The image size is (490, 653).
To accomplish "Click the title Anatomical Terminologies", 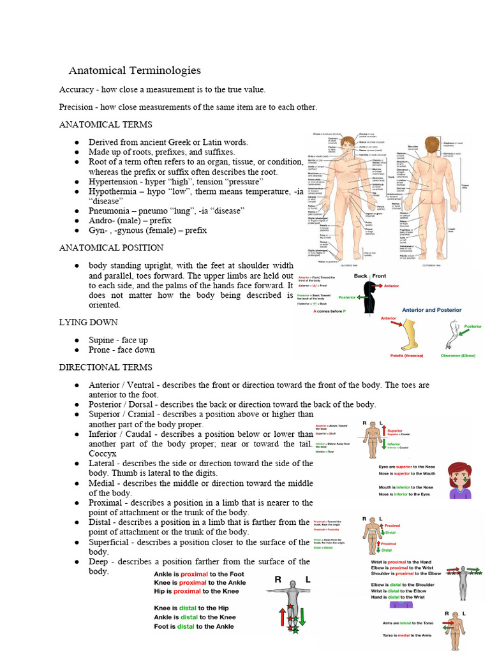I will point(135,71).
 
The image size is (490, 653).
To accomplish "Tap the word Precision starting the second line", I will point(76,106).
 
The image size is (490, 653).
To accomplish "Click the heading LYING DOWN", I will point(88,323).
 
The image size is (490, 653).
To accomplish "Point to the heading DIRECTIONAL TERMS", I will point(105,367).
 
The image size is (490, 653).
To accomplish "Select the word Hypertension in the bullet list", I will point(115,181).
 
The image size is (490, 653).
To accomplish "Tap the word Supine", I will point(103,340).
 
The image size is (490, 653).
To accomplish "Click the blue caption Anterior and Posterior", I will point(431,310).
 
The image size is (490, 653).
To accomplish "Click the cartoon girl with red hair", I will point(459,480).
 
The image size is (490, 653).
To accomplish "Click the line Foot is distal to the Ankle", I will point(194,626).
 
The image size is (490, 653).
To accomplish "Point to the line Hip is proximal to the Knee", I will point(197,591).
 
